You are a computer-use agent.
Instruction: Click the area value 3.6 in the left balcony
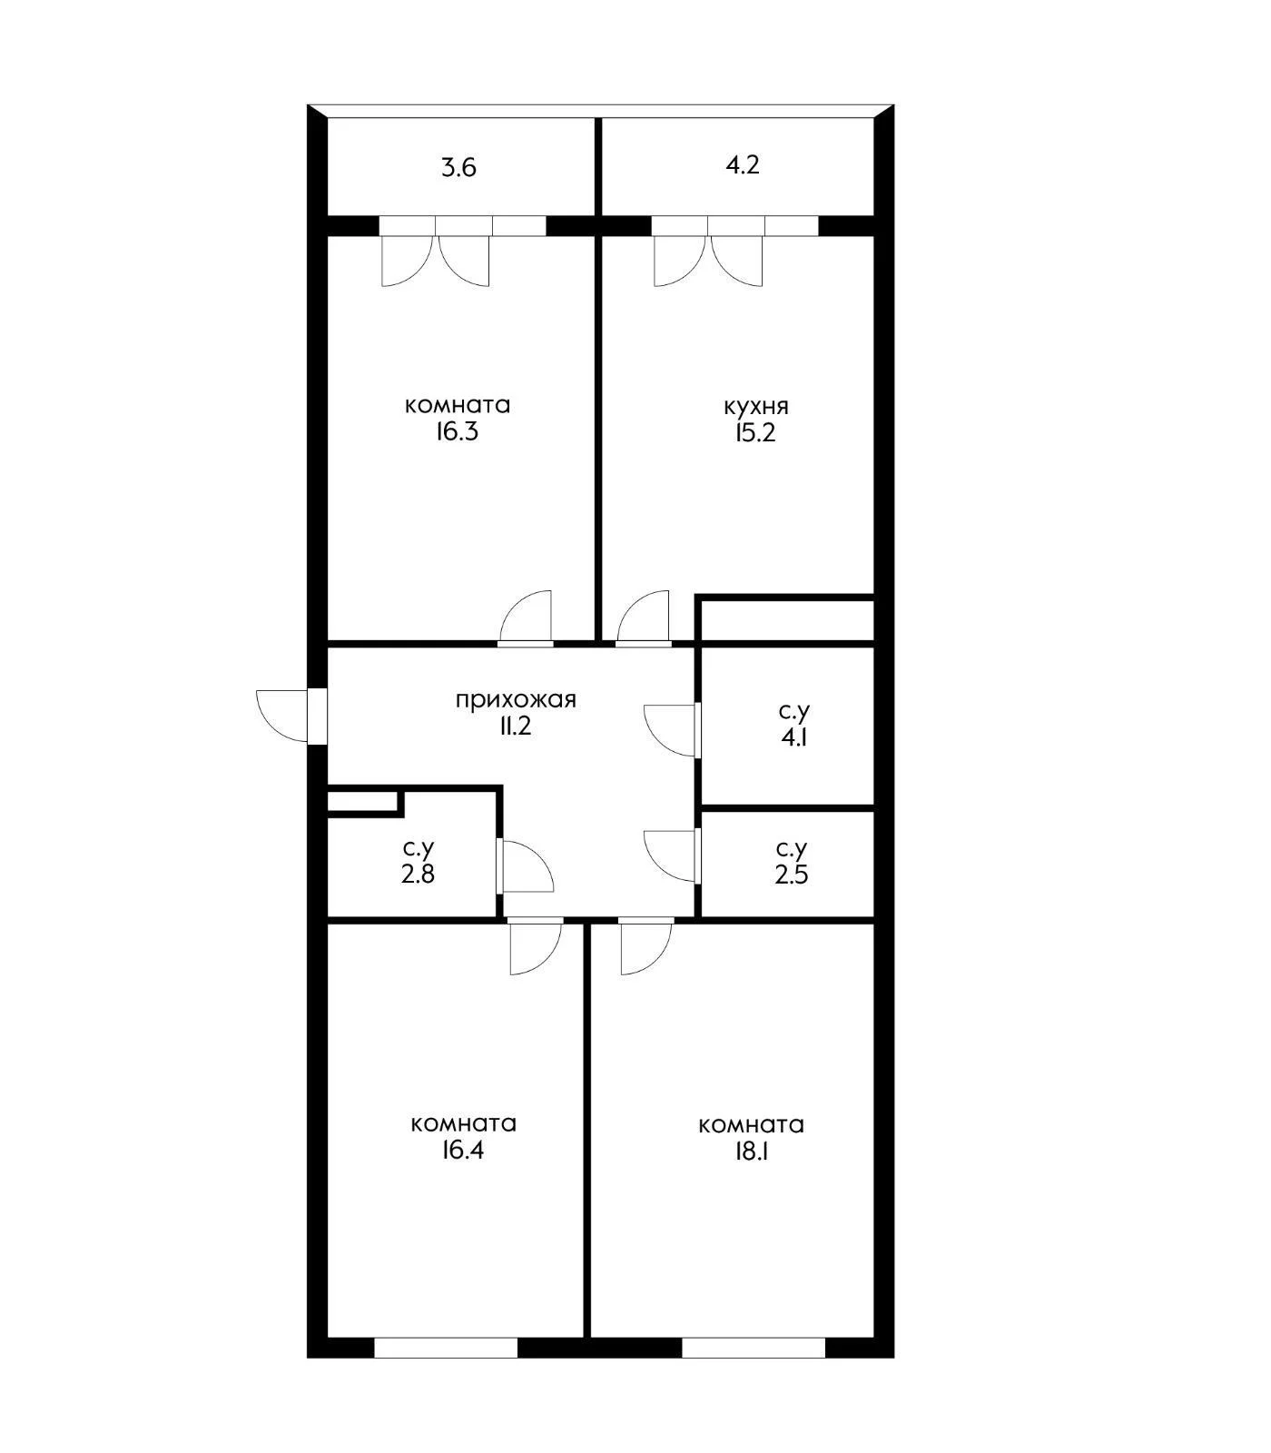[458, 168]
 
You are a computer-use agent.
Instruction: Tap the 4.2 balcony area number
[743, 165]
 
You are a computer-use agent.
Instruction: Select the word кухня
[756, 406]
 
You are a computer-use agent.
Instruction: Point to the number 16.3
[457, 431]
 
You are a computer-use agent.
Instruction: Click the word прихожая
[516, 700]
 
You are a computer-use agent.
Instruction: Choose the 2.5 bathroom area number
[792, 875]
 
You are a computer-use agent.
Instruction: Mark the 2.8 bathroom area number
[418, 875]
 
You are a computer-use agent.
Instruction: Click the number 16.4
[463, 1151]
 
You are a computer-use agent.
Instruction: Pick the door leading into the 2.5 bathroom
[672, 856]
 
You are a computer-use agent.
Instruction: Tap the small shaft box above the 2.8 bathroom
[363, 802]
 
